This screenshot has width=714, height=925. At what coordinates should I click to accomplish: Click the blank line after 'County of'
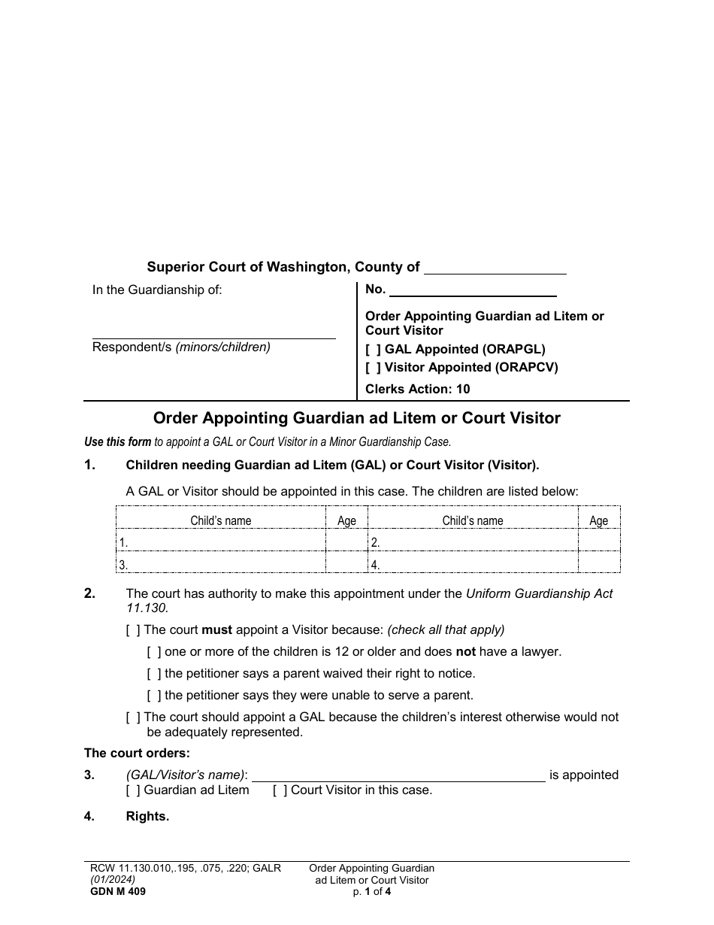point(495,268)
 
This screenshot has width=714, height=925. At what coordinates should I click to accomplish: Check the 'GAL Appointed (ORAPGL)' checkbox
point(374,349)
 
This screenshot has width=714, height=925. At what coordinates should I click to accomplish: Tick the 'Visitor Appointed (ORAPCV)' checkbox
point(374,368)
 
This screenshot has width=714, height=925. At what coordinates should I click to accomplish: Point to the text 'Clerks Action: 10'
point(417,390)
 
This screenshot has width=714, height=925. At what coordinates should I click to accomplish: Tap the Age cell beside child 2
point(598,541)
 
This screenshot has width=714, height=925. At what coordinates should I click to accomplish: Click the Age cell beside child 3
point(346,563)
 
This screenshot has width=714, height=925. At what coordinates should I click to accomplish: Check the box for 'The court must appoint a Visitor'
point(133,630)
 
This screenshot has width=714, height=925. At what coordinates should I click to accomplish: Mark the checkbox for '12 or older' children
point(154,652)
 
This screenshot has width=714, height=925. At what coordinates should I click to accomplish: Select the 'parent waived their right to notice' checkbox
point(154,674)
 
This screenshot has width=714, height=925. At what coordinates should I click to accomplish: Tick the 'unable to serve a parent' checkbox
point(154,696)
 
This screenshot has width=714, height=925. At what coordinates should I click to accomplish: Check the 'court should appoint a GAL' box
point(133,717)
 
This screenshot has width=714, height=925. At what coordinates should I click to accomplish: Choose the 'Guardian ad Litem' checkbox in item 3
point(133,790)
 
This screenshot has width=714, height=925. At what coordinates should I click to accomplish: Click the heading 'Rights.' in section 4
point(147,817)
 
